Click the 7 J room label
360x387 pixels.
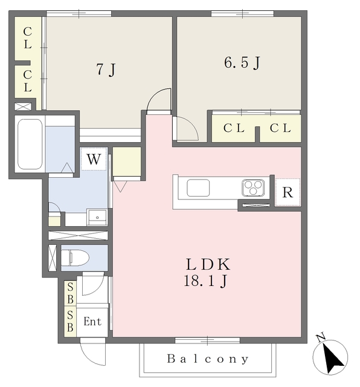click(x=106, y=70)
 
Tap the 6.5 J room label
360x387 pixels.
click(x=242, y=62)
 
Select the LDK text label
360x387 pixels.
click(x=208, y=264)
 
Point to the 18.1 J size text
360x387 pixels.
click(x=205, y=281)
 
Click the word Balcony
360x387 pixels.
click(x=208, y=359)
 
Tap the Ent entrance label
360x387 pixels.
click(x=92, y=321)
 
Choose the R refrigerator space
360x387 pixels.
click(x=288, y=192)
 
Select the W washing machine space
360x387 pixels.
click(x=94, y=159)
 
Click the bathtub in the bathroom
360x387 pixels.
click(x=30, y=145)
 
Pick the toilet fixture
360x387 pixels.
click(x=75, y=258)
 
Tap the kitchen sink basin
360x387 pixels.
click(x=198, y=188)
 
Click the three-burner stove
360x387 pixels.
click(x=253, y=188)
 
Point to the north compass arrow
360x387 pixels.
click(x=332, y=357)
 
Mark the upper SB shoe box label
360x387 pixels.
click(x=70, y=293)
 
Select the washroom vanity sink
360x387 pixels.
click(x=97, y=218)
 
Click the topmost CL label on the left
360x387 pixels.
click(x=28, y=38)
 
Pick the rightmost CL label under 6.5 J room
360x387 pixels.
click(x=280, y=128)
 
